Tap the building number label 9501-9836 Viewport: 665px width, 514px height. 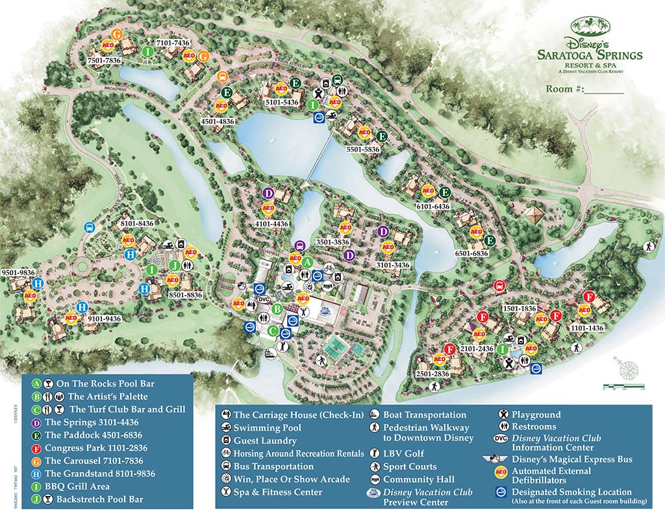click(x=18, y=272)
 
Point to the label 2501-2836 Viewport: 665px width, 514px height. click(x=431, y=374)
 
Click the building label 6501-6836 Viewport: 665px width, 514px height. click(x=471, y=253)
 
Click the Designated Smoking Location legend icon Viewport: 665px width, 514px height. click(x=501, y=492)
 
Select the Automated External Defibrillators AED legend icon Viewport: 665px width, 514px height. click(x=501, y=471)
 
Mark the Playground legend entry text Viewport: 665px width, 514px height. click(x=536, y=414)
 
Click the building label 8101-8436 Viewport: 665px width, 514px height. click(x=136, y=224)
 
